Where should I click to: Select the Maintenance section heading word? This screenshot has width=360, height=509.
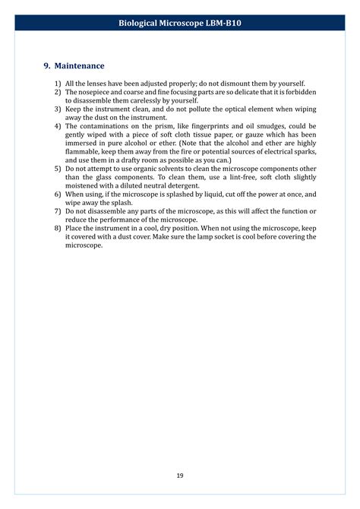pyautogui.click(x=79, y=66)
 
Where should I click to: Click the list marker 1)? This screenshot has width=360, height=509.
pyautogui.click(x=57, y=83)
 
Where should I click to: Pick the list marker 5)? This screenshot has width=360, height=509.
pyautogui.click(x=57, y=170)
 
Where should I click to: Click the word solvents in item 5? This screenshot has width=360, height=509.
pyautogui.click(x=169, y=170)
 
